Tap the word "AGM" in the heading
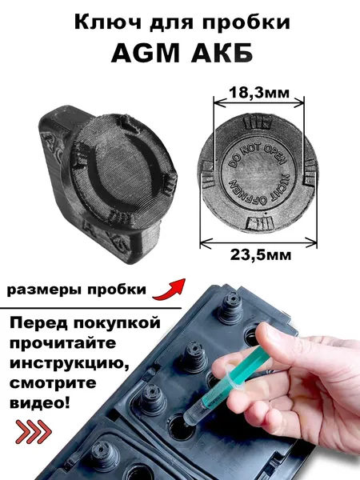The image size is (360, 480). pos(146,53)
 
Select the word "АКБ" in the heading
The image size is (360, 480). pos(222,53)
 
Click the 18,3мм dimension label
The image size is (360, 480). pos(259,93)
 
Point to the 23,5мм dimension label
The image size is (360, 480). pos(261,254)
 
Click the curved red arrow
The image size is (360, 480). pos(170,290)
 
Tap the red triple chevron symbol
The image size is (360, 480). pos(34,432)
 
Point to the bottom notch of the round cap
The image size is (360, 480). pos(259,223)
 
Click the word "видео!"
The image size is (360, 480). pos(40,403)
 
